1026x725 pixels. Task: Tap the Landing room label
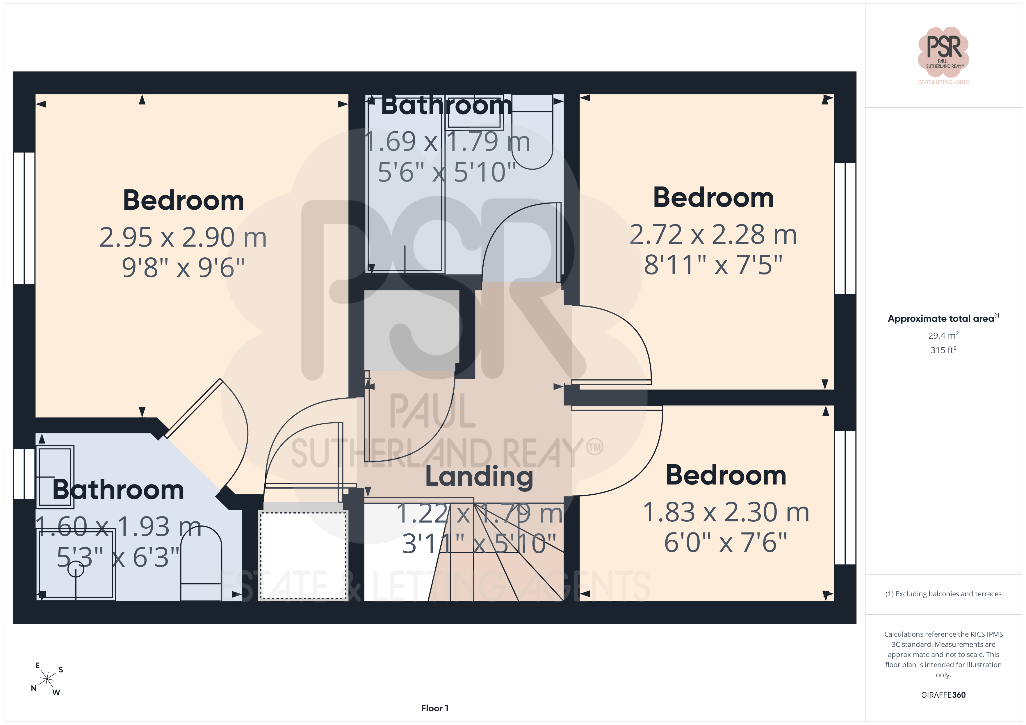[x=479, y=477]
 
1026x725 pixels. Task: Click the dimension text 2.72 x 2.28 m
[x=713, y=234]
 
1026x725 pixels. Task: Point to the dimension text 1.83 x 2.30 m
[x=726, y=512]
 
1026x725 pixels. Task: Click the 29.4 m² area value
[x=943, y=335]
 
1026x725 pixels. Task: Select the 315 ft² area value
[x=943, y=350]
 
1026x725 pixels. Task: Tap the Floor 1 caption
[x=434, y=708]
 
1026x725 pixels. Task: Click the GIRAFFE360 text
[x=943, y=695]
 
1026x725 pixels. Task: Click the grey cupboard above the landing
[x=412, y=330]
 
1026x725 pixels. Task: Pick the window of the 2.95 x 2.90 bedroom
[x=24, y=218]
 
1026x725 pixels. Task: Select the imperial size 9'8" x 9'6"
[x=183, y=268]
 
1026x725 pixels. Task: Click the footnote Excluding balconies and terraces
[x=943, y=594]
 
